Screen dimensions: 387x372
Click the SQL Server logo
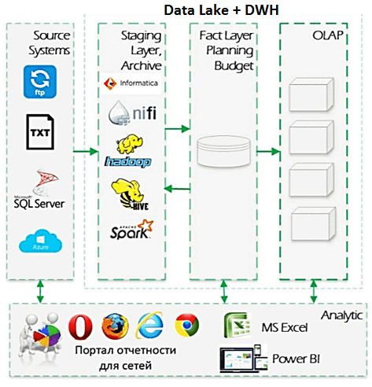tap(39, 193)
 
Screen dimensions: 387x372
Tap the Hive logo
tap(130, 193)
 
